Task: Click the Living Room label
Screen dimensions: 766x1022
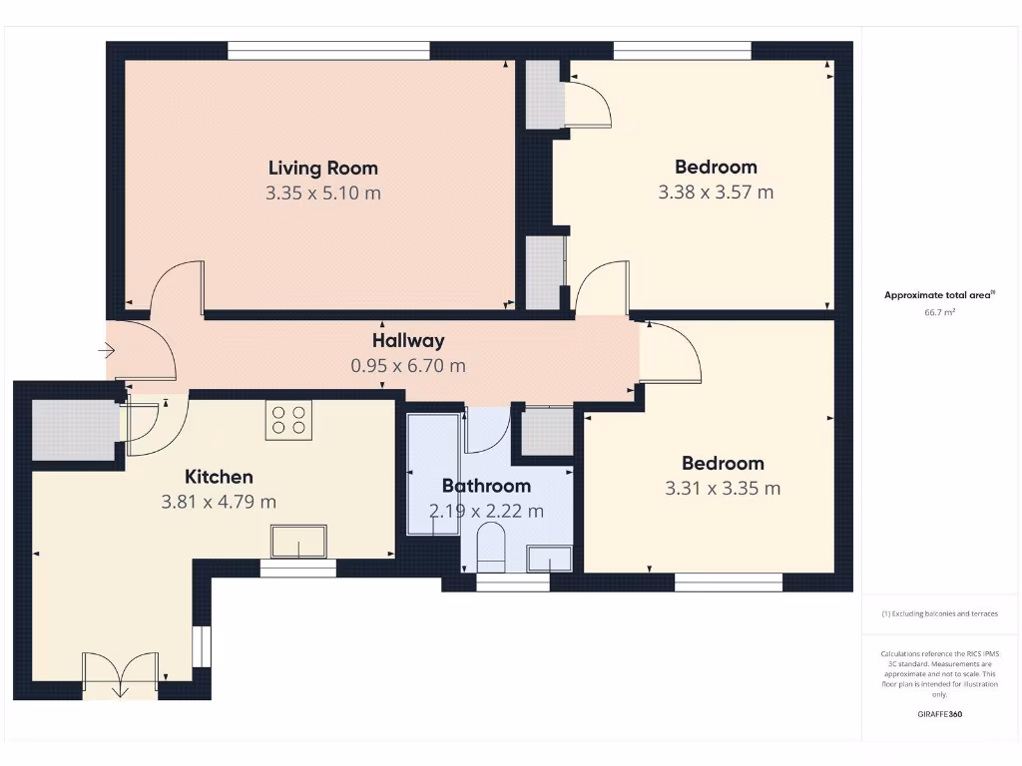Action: click(322, 168)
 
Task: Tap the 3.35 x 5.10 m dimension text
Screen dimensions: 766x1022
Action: click(322, 192)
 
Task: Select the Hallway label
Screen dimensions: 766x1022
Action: click(408, 340)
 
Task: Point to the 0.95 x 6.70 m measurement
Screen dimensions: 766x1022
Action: click(408, 365)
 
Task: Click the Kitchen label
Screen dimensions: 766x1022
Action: click(219, 477)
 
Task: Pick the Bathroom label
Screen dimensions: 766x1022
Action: click(486, 486)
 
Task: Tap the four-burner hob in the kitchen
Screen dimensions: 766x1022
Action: click(288, 419)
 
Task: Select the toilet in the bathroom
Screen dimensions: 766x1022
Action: click(492, 549)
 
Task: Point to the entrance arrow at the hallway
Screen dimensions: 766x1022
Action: click(107, 351)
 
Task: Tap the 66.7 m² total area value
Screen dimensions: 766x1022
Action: click(939, 312)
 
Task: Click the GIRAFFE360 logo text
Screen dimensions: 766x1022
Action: click(939, 714)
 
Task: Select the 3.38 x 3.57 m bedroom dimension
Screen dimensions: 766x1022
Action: click(716, 191)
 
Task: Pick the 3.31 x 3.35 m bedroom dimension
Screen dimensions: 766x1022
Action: click(723, 488)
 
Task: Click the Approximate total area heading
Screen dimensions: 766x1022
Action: click(939, 294)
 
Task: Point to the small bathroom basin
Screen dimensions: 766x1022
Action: click(550, 560)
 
